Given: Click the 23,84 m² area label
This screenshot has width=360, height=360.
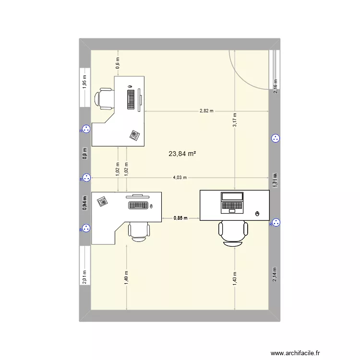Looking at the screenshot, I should click(182, 154).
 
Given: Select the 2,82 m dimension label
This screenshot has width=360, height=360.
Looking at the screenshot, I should click(206, 111).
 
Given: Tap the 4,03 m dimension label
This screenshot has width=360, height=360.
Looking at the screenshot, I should click(180, 178).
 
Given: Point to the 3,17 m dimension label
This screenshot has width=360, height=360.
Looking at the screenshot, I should click(235, 120).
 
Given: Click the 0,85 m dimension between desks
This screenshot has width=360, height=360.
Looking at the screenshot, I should click(180, 218).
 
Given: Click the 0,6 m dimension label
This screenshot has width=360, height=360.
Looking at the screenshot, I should click(118, 62).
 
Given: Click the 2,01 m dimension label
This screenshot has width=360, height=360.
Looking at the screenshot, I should click(84, 277).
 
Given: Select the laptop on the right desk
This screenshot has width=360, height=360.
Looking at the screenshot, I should click(232, 203).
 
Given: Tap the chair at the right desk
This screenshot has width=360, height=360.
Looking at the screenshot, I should click(233, 233).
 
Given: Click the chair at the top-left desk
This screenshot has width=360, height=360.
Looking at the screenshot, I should click(105, 98).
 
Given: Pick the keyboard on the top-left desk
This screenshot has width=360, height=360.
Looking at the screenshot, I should click(131, 98).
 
